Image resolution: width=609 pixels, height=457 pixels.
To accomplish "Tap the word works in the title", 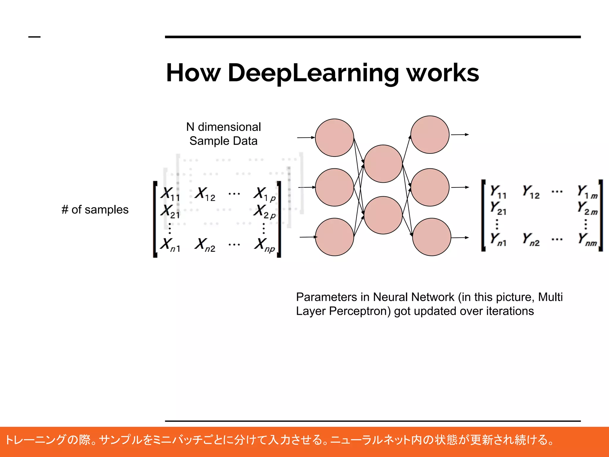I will point(443,73).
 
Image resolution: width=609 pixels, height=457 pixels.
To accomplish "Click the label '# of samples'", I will point(95,210).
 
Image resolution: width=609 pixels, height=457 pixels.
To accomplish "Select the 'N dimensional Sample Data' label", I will point(223,134).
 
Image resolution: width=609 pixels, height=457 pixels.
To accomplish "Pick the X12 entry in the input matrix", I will point(205,194).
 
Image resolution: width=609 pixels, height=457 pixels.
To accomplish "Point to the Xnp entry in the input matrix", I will point(264,245).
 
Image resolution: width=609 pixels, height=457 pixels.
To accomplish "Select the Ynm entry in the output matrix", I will point(587,240).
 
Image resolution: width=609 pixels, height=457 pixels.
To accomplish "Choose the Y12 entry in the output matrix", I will point(531,192).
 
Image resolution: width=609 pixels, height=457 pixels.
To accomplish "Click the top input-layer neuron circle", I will point(334,138).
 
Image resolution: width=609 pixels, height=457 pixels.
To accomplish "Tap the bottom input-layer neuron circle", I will point(334,237).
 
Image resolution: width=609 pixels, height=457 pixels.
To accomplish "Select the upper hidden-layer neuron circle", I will point(383,164).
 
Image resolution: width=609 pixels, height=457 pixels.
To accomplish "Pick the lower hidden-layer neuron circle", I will point(383,215).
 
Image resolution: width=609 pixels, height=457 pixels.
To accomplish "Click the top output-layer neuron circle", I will point(430,135).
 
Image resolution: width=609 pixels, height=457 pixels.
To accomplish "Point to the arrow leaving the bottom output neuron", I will point(460,238).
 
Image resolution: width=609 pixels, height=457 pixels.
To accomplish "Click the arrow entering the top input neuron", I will point(306,138).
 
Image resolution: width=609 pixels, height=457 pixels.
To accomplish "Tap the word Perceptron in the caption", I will point(360,311).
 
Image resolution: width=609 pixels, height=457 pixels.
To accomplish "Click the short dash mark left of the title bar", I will point(34,37).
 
